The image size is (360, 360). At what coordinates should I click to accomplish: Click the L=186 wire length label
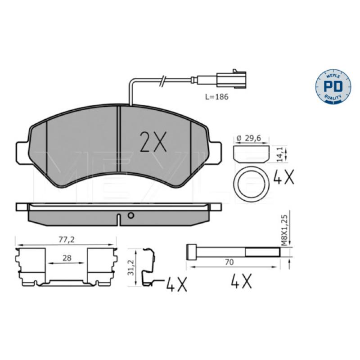tap(217, 97)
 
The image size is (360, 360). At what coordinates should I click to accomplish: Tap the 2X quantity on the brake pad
tap(153, 142)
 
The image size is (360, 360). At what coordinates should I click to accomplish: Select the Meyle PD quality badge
tap(333, 87)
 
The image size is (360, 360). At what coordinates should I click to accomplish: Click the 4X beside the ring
tap(284, 177)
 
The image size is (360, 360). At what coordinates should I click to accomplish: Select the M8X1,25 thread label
tap(284, 230)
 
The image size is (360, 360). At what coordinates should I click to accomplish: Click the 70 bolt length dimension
tap(229, 262)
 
